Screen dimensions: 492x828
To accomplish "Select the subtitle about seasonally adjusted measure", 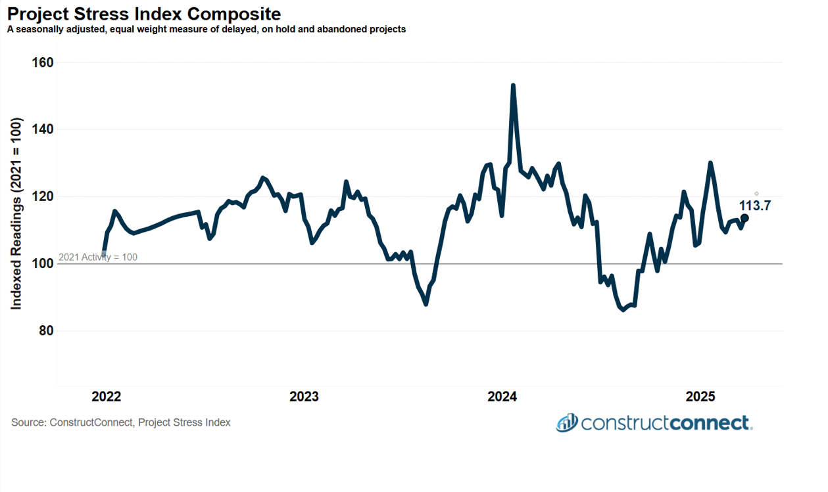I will tap(206, 30).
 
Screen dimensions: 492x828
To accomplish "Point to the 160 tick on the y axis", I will tap(43, 63).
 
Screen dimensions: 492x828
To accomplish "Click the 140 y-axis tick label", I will tap(43, 130).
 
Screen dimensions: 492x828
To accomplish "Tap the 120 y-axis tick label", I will tap(43, 197).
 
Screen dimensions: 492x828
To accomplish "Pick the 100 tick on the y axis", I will tap(43, 264).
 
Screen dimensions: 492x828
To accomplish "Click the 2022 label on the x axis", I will tap(106, 397).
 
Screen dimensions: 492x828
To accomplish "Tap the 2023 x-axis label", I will tap(304, 397).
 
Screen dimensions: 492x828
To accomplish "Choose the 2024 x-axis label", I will tap(502, 397).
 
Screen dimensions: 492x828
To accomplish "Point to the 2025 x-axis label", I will tap(700, 397).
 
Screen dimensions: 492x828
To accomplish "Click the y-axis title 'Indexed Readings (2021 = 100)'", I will tap(16, 213).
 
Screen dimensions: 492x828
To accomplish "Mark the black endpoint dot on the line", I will tap(744, 218).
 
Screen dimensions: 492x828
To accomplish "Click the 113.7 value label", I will tap(754, 206).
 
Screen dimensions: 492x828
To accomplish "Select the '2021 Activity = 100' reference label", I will tap(98, 257).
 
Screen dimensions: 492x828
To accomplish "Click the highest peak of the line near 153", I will tap(513, 85).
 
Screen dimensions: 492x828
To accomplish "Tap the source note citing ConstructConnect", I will tap(121, 422).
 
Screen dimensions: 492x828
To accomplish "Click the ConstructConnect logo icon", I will tap(566, 422).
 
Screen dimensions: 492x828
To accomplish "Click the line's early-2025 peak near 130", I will tap(710, 163).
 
